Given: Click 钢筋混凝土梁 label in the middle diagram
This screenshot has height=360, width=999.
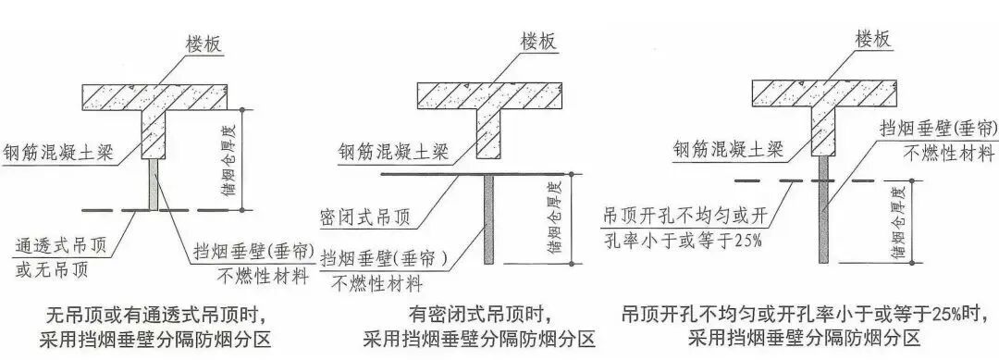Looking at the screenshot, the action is (395, 151).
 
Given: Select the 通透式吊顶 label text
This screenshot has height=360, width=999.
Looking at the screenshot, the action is (55, 245).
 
